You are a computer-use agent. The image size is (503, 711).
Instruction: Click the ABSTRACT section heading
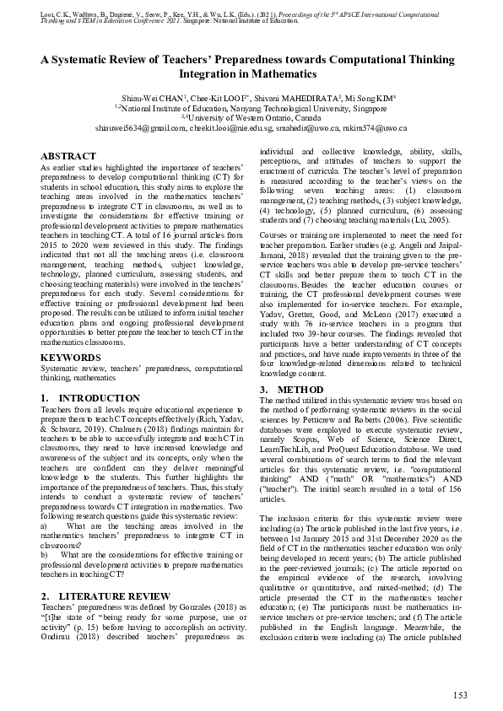(x=68, y=158)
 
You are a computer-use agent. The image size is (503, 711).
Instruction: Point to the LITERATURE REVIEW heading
(x=94, y=597)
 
